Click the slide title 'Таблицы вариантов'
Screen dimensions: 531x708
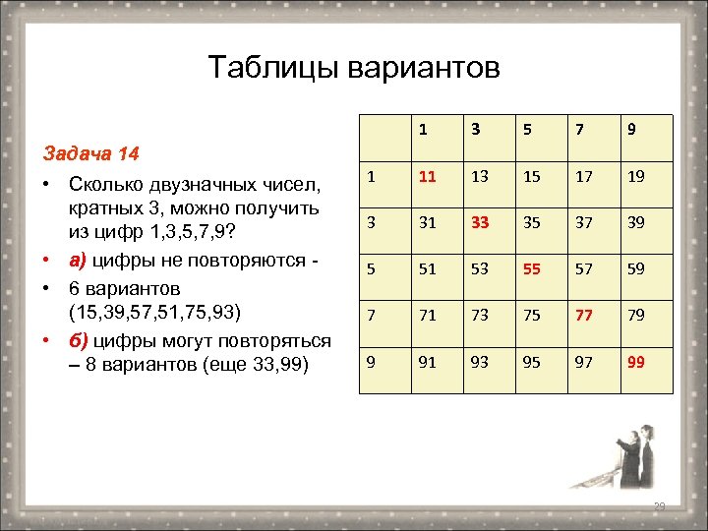click(x=354, y=67)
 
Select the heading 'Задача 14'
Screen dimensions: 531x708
click(x=90, y=154)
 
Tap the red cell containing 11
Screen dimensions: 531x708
click(x=426, y=178)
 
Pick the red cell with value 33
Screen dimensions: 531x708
click(x=479, y=222)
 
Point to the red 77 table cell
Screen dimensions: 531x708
click(x=585, y=316)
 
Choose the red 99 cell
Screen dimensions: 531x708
click(x=636, y=362)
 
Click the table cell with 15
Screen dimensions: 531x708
click(x=532, y=178)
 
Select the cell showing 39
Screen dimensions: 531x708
click(x=636, y=222)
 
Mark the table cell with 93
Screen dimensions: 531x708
click(x=479, y=362)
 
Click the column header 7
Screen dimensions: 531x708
click(x=585, y=129)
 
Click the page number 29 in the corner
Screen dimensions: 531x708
click(x=660, y=506)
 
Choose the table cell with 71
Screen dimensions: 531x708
click(x=426, y=316)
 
